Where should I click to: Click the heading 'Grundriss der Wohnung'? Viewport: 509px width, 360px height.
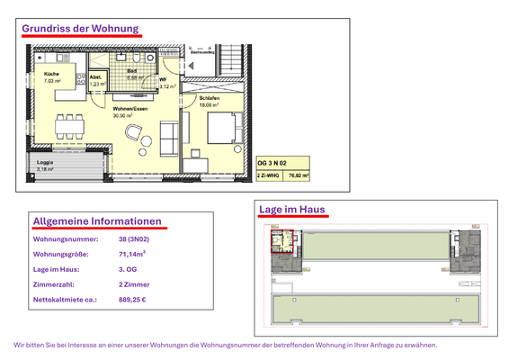pos(80,28)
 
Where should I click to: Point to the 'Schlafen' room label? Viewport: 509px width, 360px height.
pos(210,98)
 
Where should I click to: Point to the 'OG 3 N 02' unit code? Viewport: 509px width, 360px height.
pos(275,163)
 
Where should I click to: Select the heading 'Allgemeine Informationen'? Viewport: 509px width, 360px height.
pos(97,221)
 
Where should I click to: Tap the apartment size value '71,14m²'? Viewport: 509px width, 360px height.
pos(133,255)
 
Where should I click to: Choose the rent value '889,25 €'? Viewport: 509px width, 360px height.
pos(132,300)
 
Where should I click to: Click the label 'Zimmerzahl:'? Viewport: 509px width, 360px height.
pos(53,284)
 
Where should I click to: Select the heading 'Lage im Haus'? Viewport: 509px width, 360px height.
pos(292,211)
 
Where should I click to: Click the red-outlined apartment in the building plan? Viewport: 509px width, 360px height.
pos(282,244)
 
